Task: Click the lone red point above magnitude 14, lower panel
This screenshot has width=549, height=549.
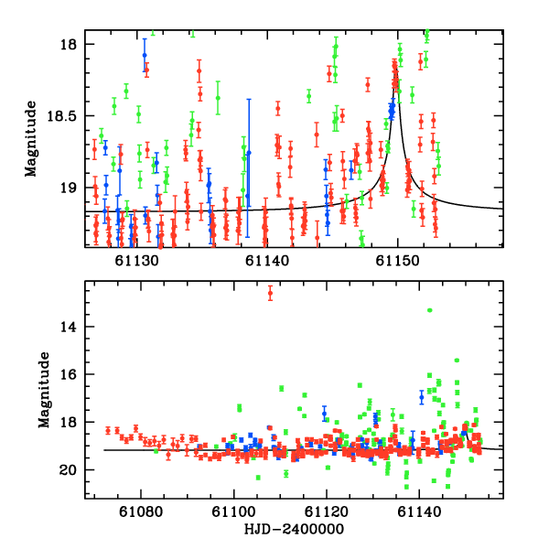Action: coord(270,293)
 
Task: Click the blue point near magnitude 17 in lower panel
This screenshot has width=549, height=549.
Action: coord(422,397)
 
